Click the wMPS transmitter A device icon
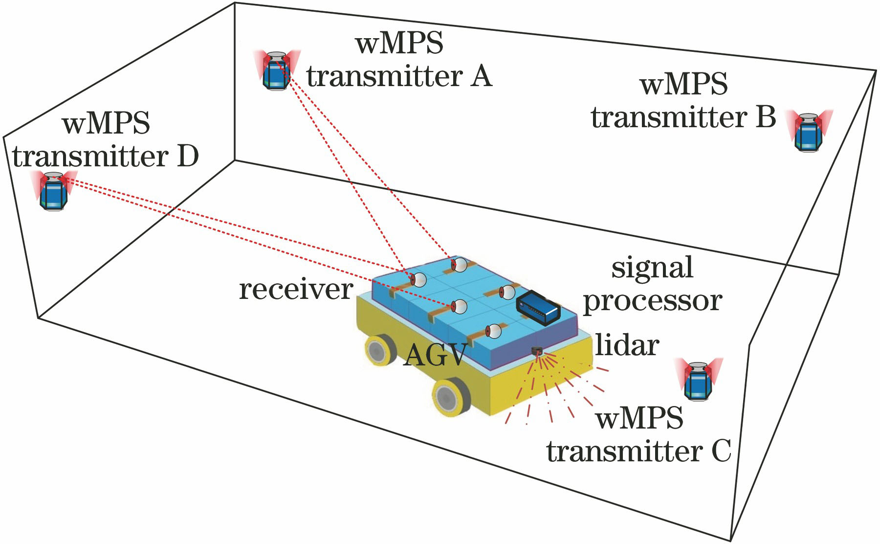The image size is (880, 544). (276, 70)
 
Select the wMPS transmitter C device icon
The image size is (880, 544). (698, 380)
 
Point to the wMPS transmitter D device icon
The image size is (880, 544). (53, 190)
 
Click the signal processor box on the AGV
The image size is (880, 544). (538, 307)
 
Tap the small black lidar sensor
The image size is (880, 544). (537, 350)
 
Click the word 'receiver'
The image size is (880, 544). (296, 290)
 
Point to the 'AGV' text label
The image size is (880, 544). (435, 355)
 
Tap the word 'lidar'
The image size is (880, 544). (627, 345)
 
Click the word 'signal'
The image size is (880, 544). (652, 268)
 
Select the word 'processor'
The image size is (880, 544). (653, 301)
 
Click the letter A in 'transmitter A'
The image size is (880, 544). (481, 77)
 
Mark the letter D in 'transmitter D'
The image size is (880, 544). (187, 157)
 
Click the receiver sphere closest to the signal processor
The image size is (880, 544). (507, 292)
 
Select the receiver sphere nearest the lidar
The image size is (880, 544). (494, 331)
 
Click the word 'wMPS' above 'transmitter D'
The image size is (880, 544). (106, 123)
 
